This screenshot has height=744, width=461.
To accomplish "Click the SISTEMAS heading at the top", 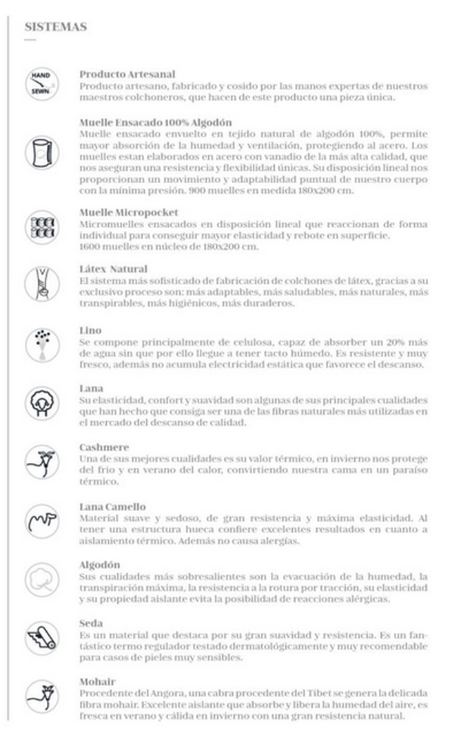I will (55, 27).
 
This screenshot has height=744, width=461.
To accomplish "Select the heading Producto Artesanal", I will (127, 74).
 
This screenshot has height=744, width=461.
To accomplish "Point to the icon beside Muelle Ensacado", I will (41, 152).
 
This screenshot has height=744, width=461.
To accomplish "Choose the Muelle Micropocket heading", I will (129, 212).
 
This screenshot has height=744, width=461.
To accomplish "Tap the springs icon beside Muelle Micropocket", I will (41, 226).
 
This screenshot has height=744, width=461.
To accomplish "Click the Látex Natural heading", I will (113, 269).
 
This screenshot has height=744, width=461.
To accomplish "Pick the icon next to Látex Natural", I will (41, 283).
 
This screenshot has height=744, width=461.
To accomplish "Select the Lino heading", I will (90, 330).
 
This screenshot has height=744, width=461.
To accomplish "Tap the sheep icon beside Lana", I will (41, 403).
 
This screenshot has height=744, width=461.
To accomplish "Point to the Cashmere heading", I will (104, 447).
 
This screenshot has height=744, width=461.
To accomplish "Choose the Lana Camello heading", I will (112, 506).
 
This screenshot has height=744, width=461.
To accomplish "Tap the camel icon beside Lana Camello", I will (41, 521).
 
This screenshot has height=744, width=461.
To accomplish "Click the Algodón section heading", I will (100, 564).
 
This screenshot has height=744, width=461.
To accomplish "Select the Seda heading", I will (91, 623).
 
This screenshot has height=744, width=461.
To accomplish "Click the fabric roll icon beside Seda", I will (41, 638).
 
